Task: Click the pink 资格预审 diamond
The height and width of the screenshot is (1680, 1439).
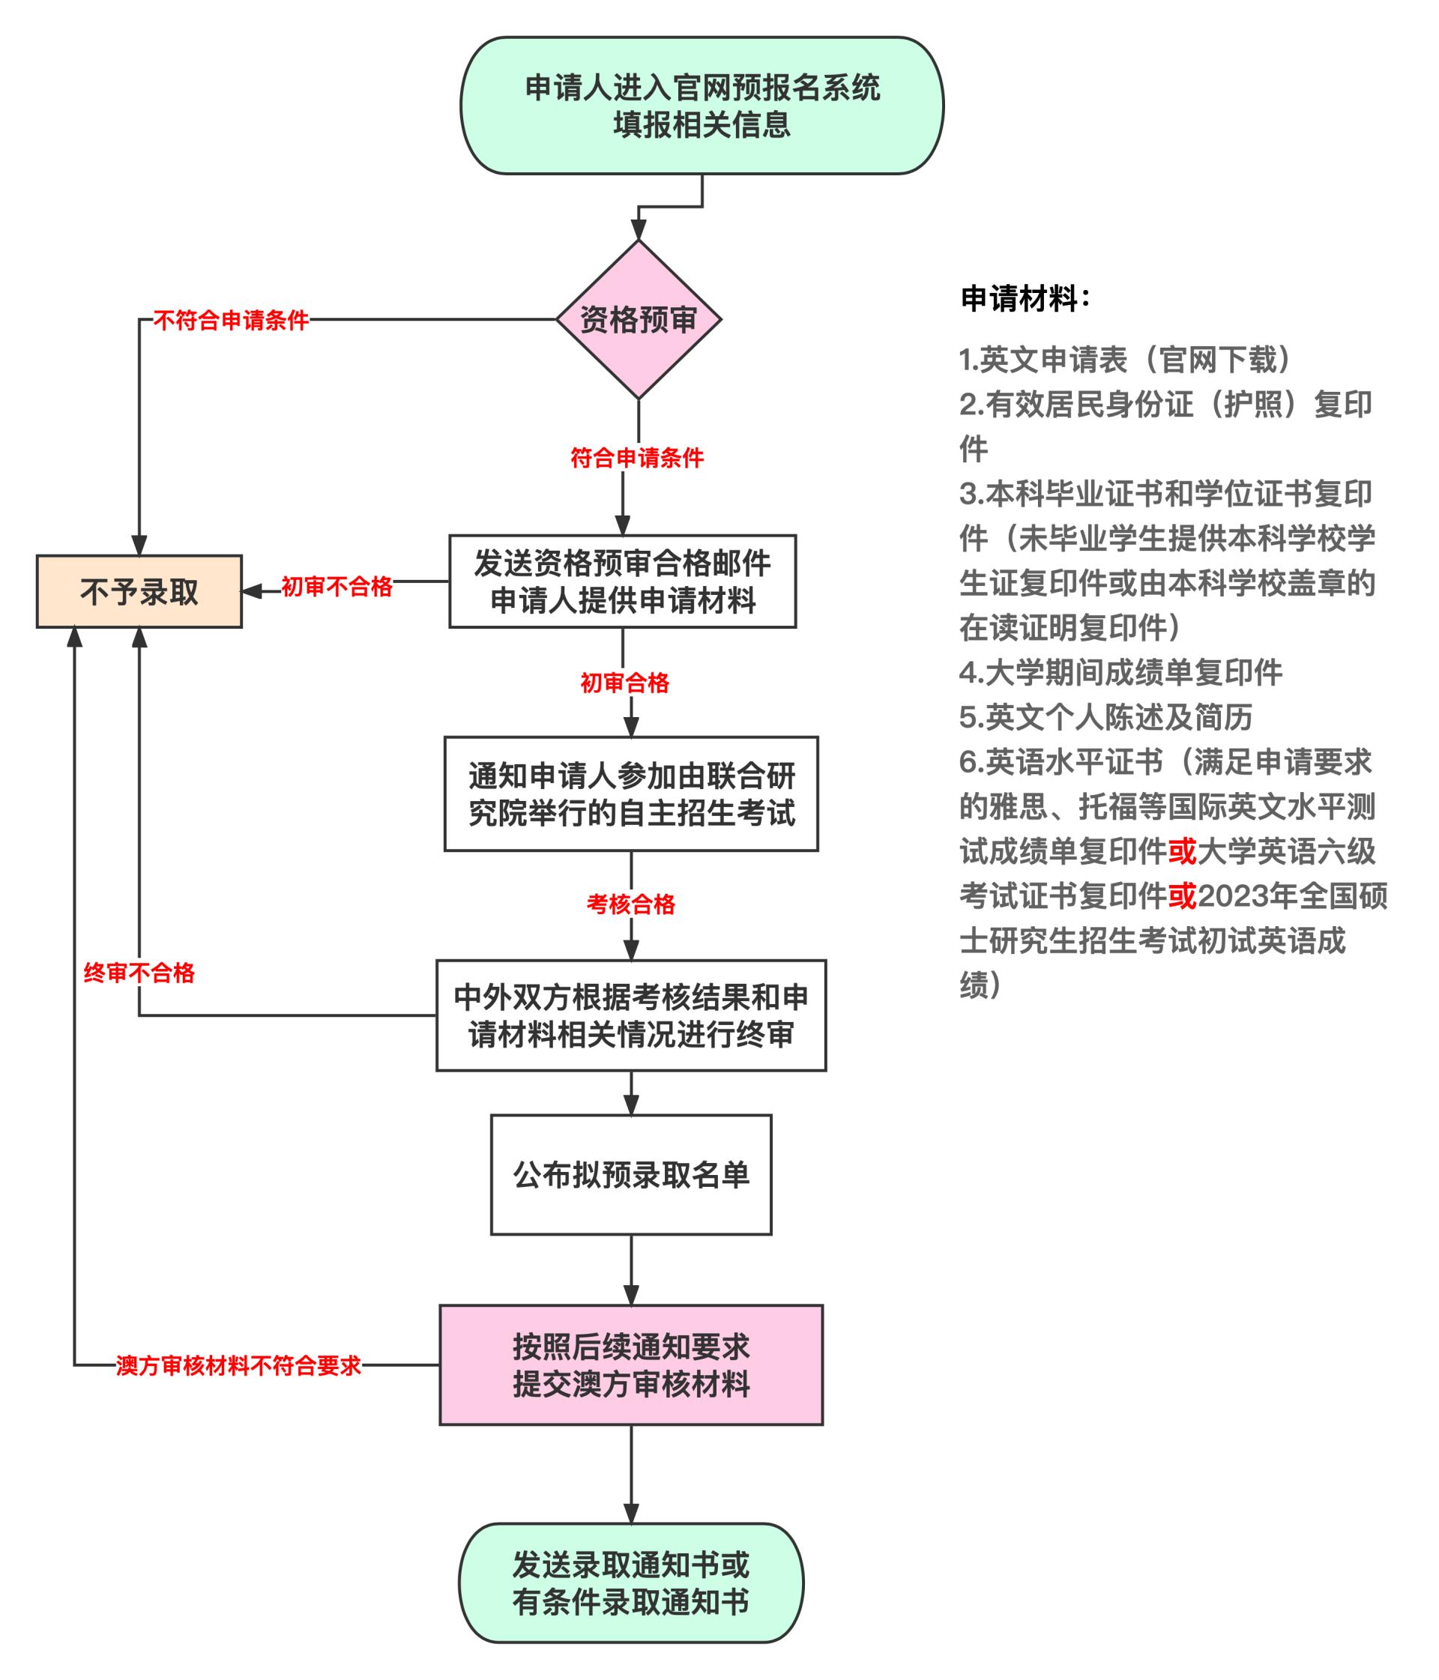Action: point(639,319)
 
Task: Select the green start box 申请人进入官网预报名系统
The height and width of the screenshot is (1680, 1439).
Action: point(702,106)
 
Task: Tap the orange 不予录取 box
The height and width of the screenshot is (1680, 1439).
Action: point(139,591)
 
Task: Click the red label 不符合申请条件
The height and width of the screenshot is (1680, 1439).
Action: point(231,320)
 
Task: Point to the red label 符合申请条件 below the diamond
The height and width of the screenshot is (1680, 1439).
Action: point(637,458)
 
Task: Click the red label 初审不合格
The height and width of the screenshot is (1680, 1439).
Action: point(337,586)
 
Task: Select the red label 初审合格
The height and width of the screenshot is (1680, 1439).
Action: point(624,683)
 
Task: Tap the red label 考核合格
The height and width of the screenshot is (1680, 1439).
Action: point(631,904)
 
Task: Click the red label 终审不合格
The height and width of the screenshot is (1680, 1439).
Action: point(139,973)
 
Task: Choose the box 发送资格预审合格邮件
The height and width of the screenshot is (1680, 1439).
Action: point(623,581)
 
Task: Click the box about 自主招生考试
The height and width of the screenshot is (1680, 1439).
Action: point(631,794)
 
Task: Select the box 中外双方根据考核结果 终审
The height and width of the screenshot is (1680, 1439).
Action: point(631,1015)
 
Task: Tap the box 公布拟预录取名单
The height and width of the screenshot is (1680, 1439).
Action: point(631,1175)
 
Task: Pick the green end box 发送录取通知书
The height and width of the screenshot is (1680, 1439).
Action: point(631,1583)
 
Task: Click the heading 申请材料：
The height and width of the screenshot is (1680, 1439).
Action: point(1025,298)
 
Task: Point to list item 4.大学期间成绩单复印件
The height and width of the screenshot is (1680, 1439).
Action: point(1120,672)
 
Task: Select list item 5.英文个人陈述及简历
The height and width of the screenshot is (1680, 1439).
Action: point(1105,717)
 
